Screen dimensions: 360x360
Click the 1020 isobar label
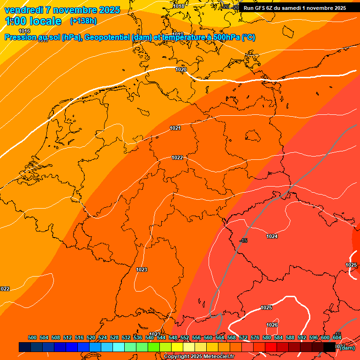click(181, 69)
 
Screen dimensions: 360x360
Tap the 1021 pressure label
click(175, 128)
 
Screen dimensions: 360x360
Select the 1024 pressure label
click(272, 236)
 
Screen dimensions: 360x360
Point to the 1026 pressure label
click(272, 325)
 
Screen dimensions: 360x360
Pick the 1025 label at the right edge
click(351, 265)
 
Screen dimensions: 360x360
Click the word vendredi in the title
click(24, 10)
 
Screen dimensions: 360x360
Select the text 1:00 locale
click(33, 21)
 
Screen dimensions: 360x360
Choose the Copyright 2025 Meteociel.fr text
click(199, 357)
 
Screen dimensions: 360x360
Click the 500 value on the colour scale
click(32, 337)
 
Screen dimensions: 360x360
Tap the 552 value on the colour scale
click(185, 337)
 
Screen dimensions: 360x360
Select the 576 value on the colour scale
click(255, 337)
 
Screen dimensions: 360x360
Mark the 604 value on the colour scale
click(337, 337)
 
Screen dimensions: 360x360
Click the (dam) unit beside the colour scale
click(347, 348)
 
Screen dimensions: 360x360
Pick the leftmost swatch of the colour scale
click(25, 347)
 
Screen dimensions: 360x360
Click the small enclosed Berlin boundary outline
click(253, 136)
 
